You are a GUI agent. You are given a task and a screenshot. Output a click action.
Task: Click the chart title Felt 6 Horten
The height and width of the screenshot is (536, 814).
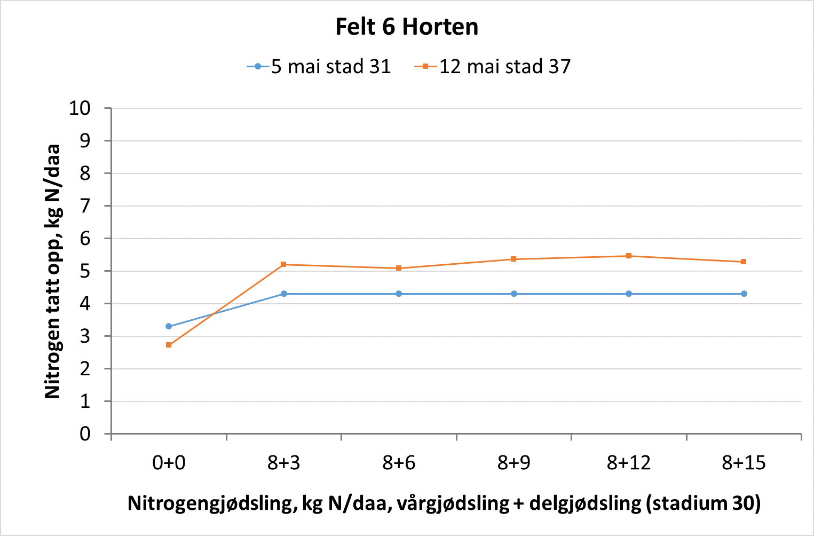[x=407, y=27]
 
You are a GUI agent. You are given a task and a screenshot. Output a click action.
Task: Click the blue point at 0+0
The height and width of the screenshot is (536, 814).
[x=169, y=326]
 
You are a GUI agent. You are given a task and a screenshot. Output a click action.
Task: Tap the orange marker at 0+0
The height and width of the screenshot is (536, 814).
[x=169, y=345]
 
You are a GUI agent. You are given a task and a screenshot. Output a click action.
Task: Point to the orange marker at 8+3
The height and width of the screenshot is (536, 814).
[x=283, y=264]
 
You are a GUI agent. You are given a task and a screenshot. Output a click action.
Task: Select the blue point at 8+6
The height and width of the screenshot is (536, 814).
[x=399, y=294]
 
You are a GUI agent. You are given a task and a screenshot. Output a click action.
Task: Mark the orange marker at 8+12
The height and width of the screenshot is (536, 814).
[x=629, y=256]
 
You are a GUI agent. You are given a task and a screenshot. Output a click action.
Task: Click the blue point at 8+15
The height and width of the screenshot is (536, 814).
[x=744, y=294]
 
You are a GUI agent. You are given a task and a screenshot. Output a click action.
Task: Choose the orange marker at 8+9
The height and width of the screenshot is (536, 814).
[x=513, y=259]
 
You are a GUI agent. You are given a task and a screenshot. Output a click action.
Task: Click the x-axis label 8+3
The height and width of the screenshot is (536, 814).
[x=283, y=463]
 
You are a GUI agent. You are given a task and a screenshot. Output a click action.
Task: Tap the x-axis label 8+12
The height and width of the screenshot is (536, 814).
[x=629, y=463]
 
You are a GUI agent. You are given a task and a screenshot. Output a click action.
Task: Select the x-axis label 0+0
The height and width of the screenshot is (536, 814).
[x=169, y=463]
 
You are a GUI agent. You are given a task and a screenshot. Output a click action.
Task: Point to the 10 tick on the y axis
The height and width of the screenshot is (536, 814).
[x=80, y=108]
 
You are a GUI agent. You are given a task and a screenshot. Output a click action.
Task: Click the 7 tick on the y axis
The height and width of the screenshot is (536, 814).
[x=85, y=206]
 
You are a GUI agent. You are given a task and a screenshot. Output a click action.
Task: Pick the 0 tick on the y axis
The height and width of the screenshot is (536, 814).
[x=85, y=434]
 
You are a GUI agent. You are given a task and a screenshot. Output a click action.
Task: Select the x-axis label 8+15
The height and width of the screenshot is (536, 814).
[x=744, y=463]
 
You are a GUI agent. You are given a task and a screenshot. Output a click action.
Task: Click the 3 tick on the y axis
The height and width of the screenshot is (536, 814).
[x=85, y=336]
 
